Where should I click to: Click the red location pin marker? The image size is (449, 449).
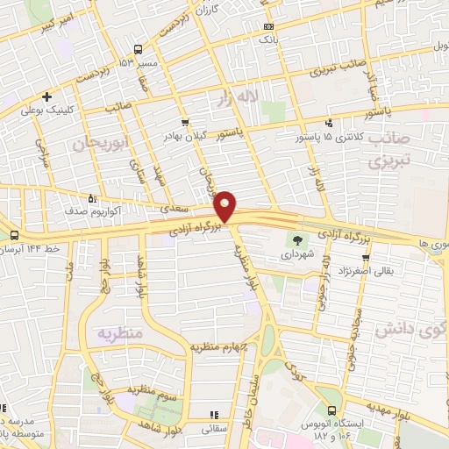[x=226, y=204]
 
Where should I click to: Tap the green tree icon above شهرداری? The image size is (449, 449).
[x=298, y=239]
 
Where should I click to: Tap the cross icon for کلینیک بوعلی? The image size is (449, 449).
[x=46, y=97]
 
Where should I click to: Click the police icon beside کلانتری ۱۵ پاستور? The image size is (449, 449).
[x=329, y=124]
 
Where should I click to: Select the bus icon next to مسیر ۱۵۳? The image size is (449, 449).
[x=138, y=50]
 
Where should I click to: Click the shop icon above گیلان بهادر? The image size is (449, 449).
[x=183, y=123]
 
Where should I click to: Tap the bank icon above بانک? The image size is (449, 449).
[x=267, y=26]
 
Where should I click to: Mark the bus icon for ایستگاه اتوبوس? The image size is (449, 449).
[x=331, y=410]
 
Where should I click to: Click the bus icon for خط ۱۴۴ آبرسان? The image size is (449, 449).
[x=13, y=234]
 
